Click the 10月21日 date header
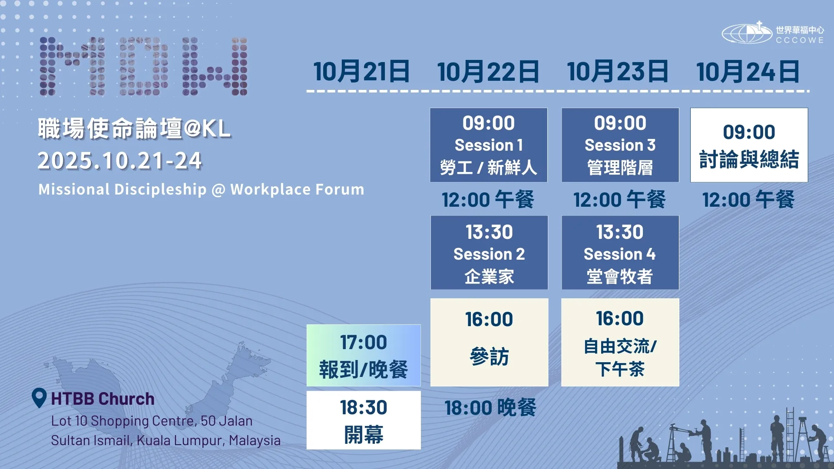click(x=361, y=72)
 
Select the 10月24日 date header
click(x=748, y=72)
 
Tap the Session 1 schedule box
click(x=489, y=145)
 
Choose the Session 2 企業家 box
click(x=489, y=253)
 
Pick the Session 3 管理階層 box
click(x=620, y=145)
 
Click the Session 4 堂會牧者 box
click(x=620, y=253)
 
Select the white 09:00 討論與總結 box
click(x=749, y=145)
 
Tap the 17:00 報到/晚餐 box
click(x=364, y=355)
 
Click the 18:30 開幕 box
click(x=364, y=420)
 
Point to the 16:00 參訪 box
click(x=489, y=342)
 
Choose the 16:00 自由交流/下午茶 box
click(x=620, y=342)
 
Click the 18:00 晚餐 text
click(x=490, y=408)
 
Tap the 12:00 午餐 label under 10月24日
click(x=748, y=200)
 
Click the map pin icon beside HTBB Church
click(x=39, y=397)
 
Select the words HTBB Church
click(x=103, y=399)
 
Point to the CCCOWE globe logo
click(x=747, y=33)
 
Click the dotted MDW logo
click(x=143, y=66)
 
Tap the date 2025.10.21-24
click(x=120, y=161)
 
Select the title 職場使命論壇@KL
click(x=135, y=129)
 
